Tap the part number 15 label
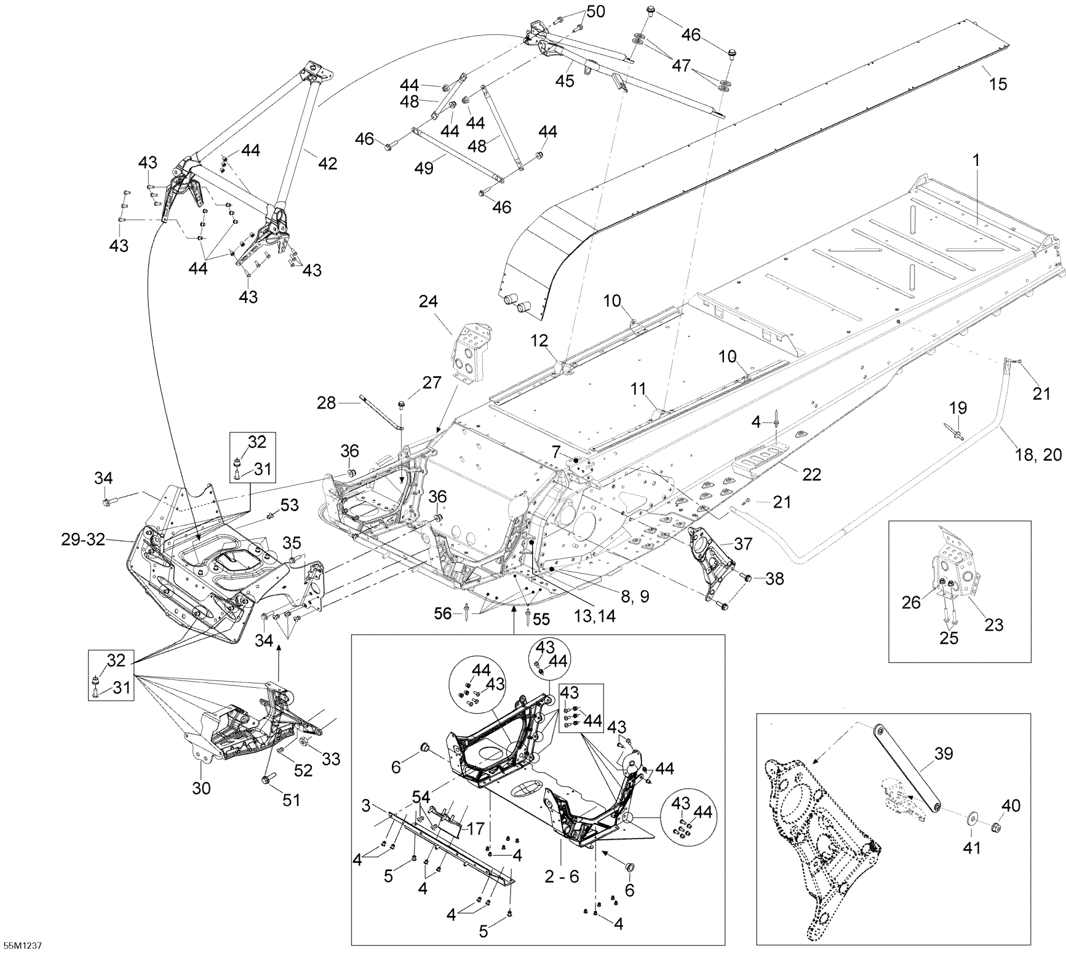point(998,84)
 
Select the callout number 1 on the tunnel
point(976,161)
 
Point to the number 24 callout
point(428,302)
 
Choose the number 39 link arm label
point(944,754)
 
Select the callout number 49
point(423,168)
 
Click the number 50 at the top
point(596,11)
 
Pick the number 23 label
point(994,624)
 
